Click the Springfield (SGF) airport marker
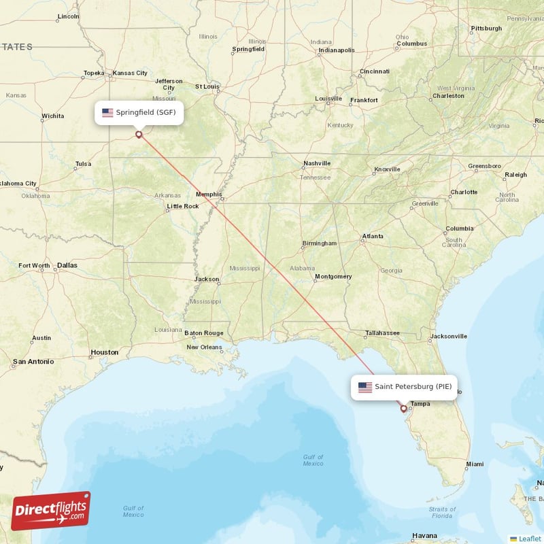pos(139,134)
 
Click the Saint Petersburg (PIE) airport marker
pos(404,409)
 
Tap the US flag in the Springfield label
pos(107,113)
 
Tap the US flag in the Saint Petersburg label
pos(365,387)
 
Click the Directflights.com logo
pos(51,510)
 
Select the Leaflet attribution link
pos(530,539)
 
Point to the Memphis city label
pos(209,194)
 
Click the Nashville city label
pos(317,163)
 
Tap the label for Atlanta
pos(373,236)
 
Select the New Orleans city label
pos(205,347)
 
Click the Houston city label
pos(105,352)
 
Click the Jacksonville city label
pos(448,336)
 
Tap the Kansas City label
pos(130,73)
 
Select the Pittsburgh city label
pos(486,29)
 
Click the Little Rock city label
pos(183,206)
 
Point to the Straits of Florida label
pos(442,512)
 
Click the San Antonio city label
pos(33,361)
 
